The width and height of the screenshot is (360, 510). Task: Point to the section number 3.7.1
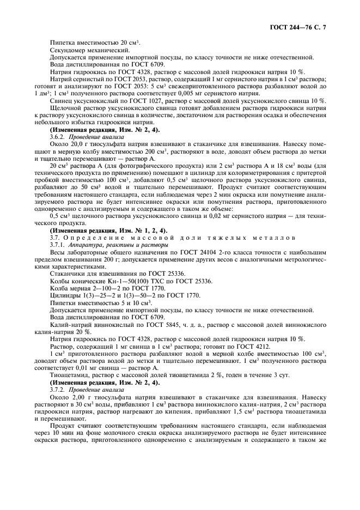[58, 246]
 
